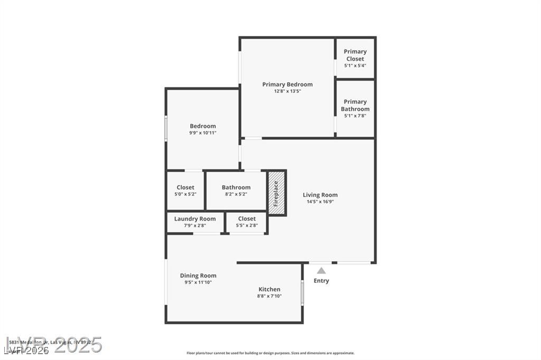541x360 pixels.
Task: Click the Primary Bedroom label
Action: (x=287, y=84)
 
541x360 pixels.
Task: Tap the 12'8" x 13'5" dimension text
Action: (x=287, y=91)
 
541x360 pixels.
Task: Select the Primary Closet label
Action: (x=355, y=55)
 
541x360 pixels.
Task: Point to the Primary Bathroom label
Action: (x=355, y=105)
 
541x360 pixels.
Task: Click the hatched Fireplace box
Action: (x=276, y=193)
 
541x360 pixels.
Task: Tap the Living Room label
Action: (x=320, y=195)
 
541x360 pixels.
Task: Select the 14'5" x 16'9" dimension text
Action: (x=320, y=202)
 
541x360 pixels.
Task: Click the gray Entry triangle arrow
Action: (x=321, y=271)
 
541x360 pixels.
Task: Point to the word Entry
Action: (x=321, y=281)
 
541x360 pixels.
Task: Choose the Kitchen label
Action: (x=269, y=289)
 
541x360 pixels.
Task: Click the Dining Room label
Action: (x=198, y=276)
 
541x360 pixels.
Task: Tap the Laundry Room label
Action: (x=195, y=219)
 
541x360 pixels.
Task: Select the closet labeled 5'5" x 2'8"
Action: (x=247, y=222)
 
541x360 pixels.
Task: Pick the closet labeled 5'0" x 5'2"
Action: (x=185, y=191)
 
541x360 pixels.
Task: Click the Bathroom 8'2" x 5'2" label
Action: (x=236, y=191)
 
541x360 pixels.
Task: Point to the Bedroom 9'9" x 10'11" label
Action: (x=203, y=129)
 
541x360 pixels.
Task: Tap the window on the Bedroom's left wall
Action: (x=166, y=128)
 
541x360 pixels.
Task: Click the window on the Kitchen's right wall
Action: (x=302, y=292)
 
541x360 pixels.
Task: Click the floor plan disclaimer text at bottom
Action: (x=270, y=353)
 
